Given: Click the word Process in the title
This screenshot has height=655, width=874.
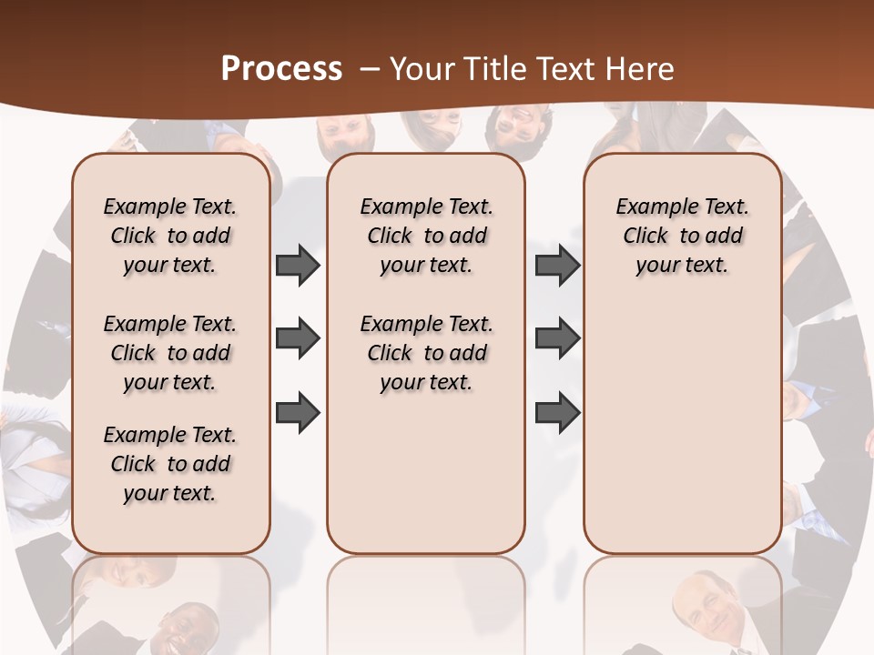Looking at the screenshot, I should point(281,69).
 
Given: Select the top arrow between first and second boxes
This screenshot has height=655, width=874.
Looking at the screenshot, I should point(298,266).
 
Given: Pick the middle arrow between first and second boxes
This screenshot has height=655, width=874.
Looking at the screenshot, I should point(298,339).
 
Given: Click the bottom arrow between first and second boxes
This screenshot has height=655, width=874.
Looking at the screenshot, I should point(298,412).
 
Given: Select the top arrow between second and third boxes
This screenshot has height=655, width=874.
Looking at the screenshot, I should point(558,266).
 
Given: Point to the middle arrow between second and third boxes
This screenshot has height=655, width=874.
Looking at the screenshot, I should point(558,339).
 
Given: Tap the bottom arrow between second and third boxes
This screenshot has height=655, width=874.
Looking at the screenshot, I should point(558,412).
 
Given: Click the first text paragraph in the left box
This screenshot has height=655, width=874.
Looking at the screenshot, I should point(170,236).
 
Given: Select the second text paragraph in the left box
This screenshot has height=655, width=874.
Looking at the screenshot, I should point(170,353).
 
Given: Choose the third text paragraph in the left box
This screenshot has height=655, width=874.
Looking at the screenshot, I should point(170,464).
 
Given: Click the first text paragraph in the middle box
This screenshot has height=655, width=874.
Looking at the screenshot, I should point(427,236).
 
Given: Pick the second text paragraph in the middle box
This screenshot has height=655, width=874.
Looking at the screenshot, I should point(427,353).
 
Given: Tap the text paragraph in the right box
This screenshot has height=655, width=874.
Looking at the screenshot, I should point(683,236).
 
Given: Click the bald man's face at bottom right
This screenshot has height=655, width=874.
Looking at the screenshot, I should point(706,605).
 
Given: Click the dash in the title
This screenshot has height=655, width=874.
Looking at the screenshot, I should point(370,69).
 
